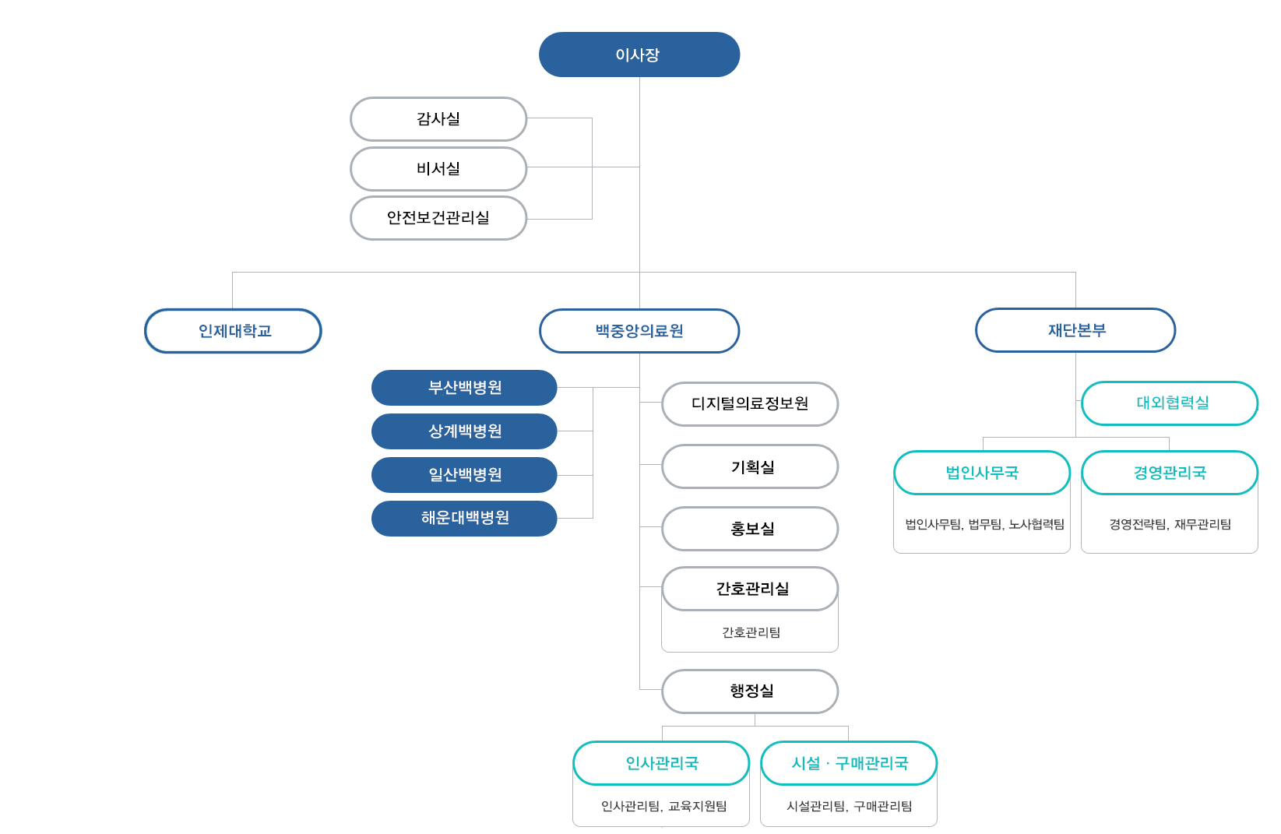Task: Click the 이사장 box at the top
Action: click(x=639, y=55)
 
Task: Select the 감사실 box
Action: click(x=438, y=119)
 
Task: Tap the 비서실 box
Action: click(x=438, y=169)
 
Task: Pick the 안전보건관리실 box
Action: click(x=438, y=218)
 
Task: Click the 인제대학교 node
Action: click(x=234, y=331)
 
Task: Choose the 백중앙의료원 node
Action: click(x=639, y=331)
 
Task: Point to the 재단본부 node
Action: click(x=1075, y=330)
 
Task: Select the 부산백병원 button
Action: click(x=464, y=388)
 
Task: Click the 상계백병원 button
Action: click(x=464, y=431)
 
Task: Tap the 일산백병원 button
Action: click(x=464, y=475)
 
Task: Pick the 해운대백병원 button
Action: click(x=464, y=519)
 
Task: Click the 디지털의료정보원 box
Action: click(x=750, y=404)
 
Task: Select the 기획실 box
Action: click(x=750, y=466)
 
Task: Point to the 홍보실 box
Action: click(x=750, y=529)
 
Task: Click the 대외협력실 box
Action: click(x=1170, y=403)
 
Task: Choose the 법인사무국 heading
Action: click(x=982, y=473)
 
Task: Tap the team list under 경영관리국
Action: click(x=1170, y=524)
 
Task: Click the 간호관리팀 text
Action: click(x=751, y=632)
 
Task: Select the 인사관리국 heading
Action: click(x=662, y=763)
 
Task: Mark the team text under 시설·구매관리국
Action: click(x=850, y=806)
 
